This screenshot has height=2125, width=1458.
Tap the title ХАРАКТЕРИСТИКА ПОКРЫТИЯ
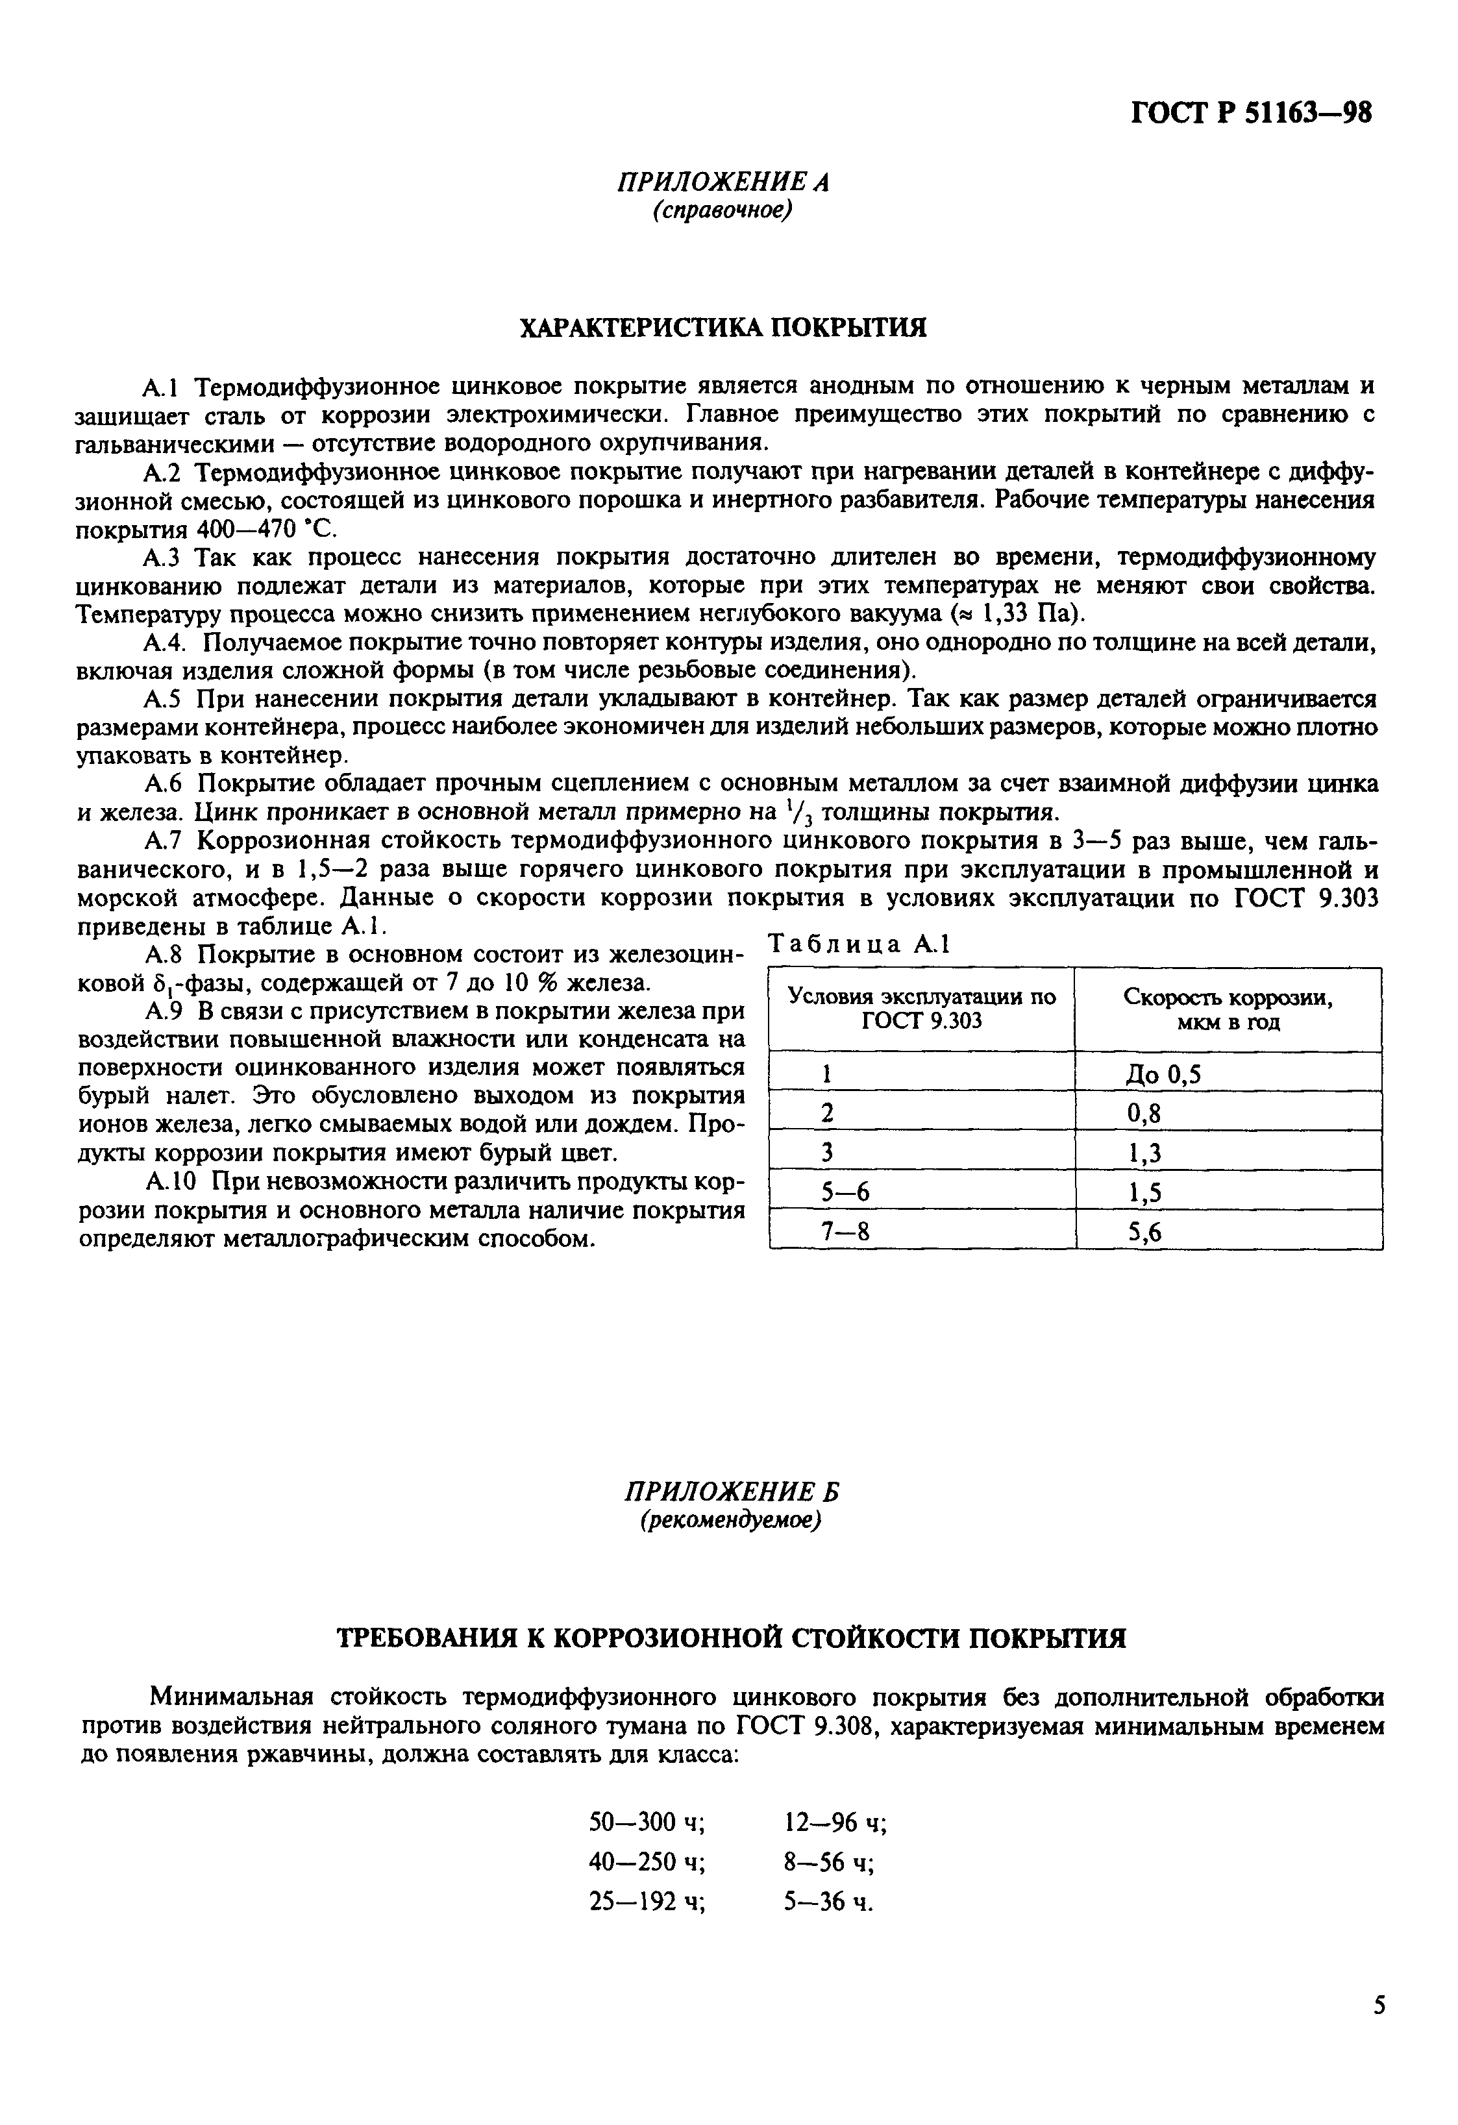point(723,327)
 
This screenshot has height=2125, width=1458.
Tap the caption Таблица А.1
point(859,944)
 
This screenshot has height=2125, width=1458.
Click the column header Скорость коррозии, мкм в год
point(1228,1009)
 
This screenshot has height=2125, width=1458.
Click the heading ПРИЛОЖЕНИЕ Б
point(731,1492)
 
